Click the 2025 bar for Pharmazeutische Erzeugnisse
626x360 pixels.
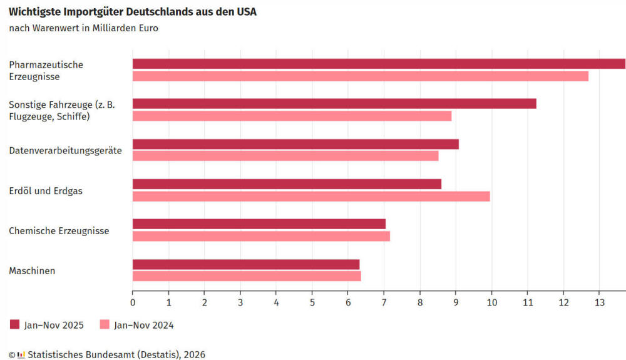click(379, 64)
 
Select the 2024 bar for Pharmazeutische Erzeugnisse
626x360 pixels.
click(360, 76)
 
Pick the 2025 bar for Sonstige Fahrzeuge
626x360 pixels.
click(334, 104)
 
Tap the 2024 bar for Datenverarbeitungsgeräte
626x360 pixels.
click(285, 156)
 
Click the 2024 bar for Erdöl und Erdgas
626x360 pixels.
click(311, 196)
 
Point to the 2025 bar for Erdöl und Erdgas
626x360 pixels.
click(287, 184)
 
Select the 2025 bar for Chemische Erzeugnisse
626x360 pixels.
click(259, 224)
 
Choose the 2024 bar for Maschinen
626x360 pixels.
click(247, 276)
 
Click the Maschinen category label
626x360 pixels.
click(32, 271)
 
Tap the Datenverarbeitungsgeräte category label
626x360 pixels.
click(65, 151)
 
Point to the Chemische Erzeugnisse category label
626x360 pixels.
click(59, 231)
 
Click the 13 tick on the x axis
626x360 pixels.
click(599, 302)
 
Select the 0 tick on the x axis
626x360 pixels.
click(133, 302)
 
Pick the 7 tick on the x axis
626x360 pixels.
click(384, 302)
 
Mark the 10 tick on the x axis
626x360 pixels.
click(491, 302)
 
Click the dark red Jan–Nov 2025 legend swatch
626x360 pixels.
click(15, 324)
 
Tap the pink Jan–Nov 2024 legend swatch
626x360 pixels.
click(105, 324)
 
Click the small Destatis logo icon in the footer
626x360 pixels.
click(21, 355)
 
